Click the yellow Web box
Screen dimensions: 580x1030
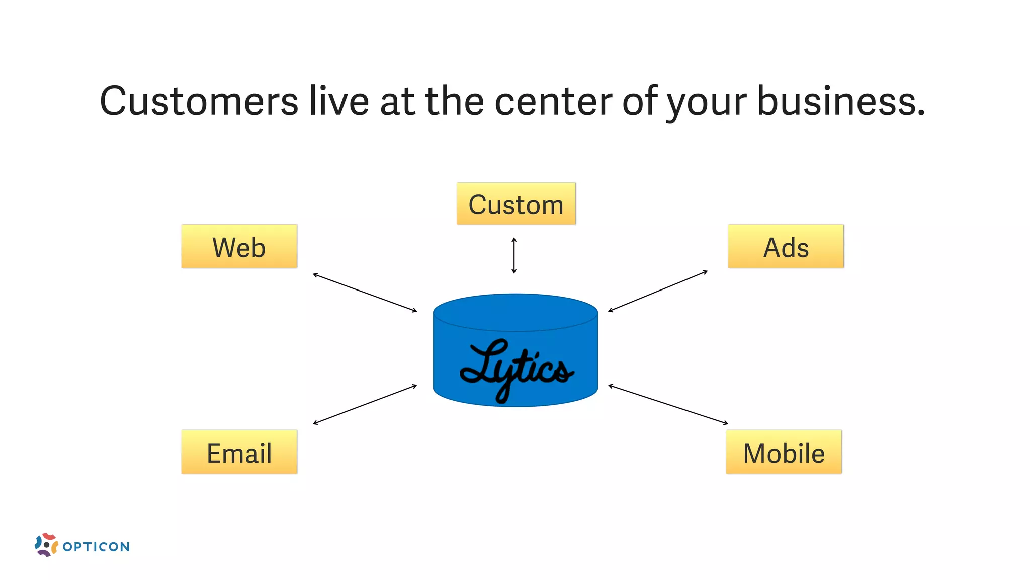tap(239, 246)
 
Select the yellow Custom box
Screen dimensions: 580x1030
tap(516, 203)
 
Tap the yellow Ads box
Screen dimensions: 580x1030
tap(786, 246)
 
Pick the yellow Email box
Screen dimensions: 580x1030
tap(239, 452)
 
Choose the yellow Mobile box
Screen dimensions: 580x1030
tap(784, 452)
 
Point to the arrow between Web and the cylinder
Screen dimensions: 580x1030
tap(365, 293)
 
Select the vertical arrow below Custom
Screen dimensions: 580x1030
tap(514, 256)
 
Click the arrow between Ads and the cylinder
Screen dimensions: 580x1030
tap(658, 291)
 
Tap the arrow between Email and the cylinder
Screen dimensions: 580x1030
tap(365, 405)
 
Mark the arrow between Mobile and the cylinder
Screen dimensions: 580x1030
tap(668, 405)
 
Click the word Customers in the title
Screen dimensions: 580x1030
tap(199, 101)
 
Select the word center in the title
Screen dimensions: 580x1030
tap(553, 101)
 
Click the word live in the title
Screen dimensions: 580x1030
tap(339, 101)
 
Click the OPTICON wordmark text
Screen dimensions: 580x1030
tap(96, 547)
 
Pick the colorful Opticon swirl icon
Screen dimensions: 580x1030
tap(46, 545)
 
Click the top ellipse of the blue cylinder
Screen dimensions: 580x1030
tap(516, 312)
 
